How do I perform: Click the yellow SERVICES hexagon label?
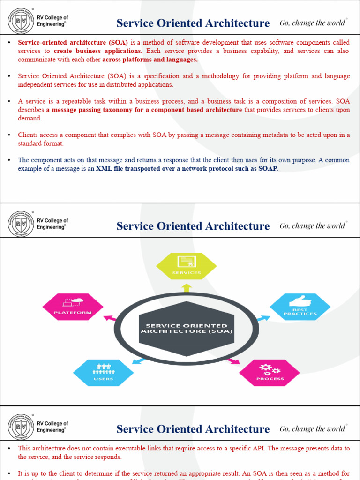click(x=187, y=272)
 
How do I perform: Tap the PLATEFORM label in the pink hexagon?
click(x=73, y=312)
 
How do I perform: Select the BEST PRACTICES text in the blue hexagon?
click(x=300, y=311)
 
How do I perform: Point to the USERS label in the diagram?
click(x=103, y=378)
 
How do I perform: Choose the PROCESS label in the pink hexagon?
click(x=270, y=378)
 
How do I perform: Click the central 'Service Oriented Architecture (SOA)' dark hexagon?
click(x=187, y=328)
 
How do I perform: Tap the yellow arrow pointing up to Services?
click(x=187, y=287)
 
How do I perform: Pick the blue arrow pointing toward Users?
click(x=139, y=360)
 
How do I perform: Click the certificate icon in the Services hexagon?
click(x=187, y=262)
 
